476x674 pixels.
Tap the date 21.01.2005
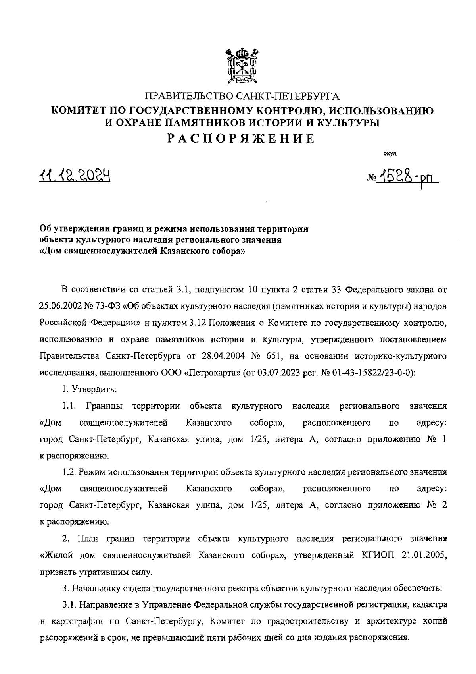[423, 556]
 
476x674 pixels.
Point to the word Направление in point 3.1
[103, 605]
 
